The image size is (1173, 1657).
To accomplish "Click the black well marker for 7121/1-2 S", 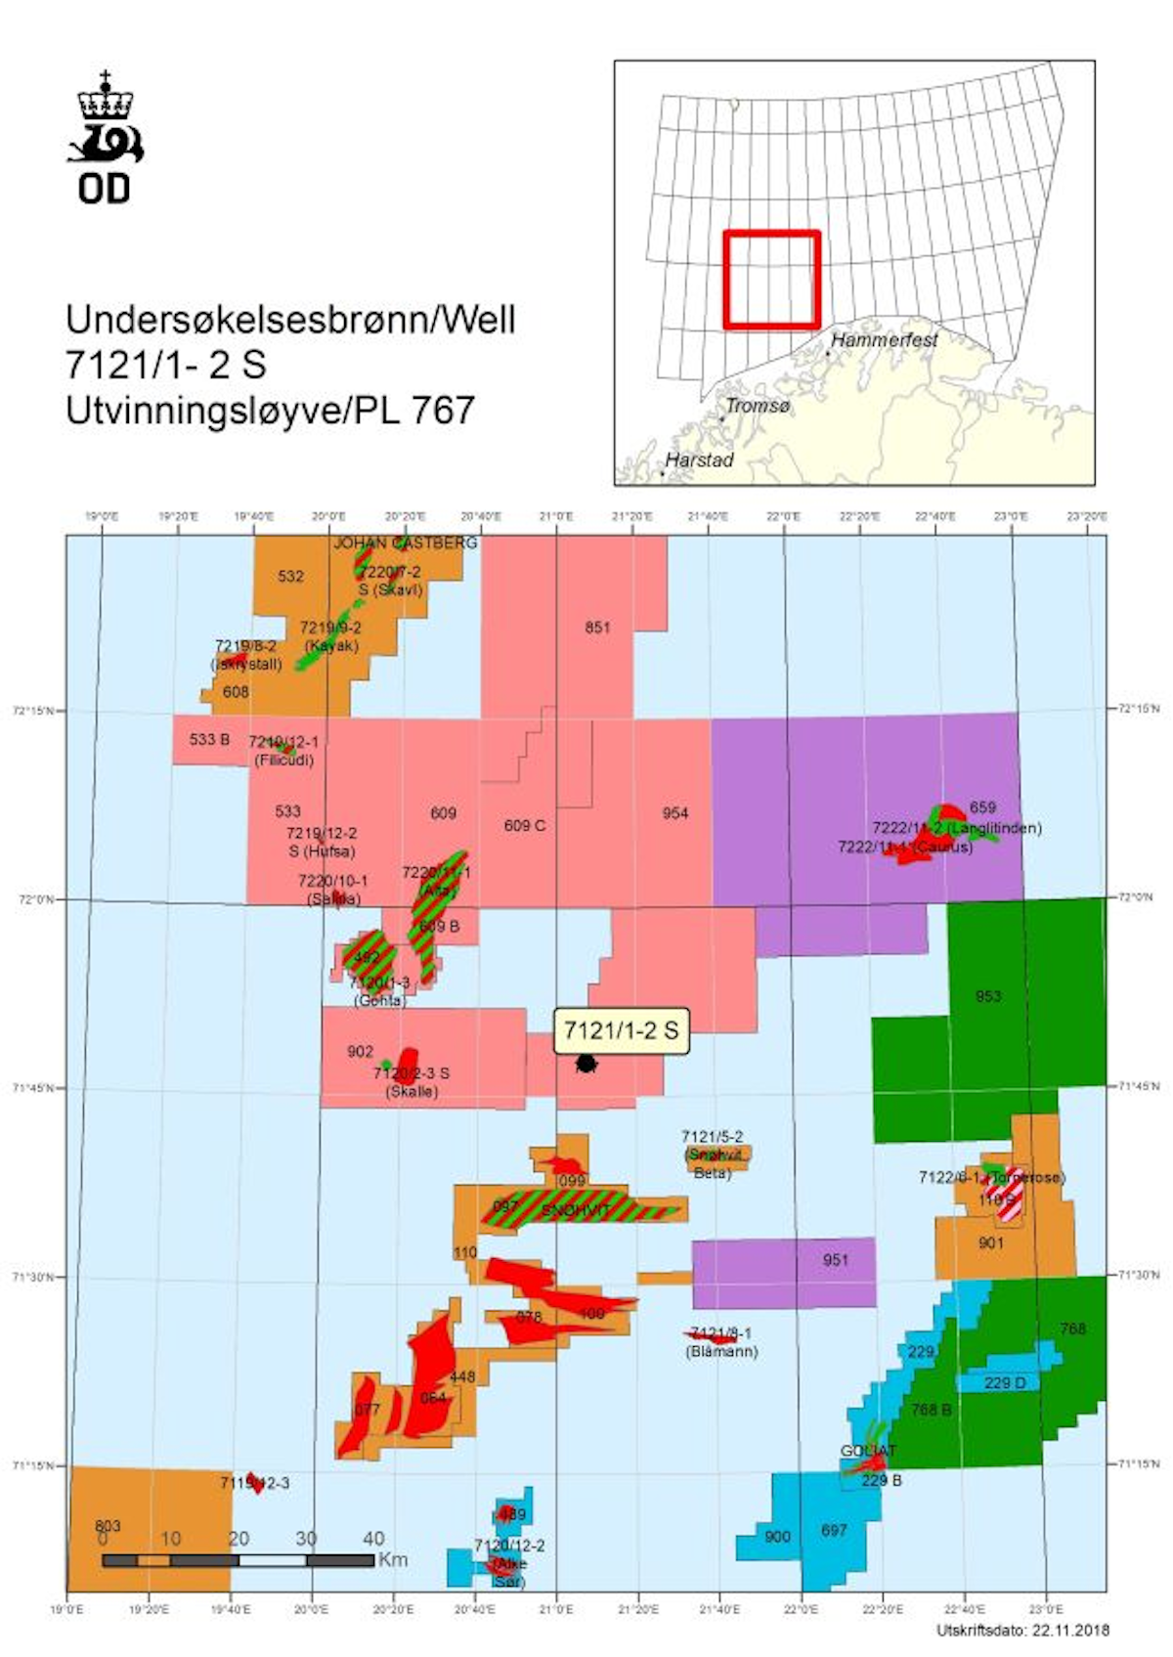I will point(586,1063).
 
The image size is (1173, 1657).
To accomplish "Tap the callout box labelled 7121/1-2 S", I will point(621,1030).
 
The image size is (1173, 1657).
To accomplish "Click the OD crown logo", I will point(105,138).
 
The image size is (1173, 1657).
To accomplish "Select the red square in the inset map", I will point(771,280).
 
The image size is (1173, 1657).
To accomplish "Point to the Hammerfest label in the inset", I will point(884,340).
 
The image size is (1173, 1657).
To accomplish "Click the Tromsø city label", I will point(758,406).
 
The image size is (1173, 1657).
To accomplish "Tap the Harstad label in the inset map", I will point(699,459).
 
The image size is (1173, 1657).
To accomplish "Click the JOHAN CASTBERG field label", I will point(406,543).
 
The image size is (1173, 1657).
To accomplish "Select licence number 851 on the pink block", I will point(597,628).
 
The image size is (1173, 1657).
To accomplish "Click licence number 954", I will point(674,813).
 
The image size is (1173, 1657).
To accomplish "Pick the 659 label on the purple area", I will point(982,807).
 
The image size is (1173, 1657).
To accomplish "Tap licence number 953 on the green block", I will point(987,996).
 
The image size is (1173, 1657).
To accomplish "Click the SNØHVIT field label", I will point(575,1211).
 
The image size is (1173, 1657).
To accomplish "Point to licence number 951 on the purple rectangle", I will point(835,1260).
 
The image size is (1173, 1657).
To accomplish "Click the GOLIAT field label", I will point(868,1451).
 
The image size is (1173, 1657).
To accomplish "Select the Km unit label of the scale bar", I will point(393,1559).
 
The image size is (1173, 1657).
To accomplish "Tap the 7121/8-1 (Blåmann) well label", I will point(722,1342).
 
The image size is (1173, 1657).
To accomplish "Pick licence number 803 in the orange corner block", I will point(108,1526).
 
